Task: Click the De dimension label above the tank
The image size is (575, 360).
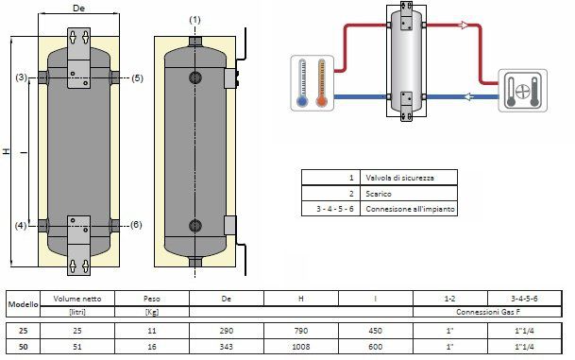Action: tap(79, 9)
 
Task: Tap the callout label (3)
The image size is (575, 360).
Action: tap(22, 77)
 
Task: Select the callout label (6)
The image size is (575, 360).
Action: tap(136, 225)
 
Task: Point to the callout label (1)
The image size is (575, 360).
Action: tap(194, 20)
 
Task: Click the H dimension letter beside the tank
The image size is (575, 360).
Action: tap(7, 151)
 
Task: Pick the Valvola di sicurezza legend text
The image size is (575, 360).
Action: tap(399, 178)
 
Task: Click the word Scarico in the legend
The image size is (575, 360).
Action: tap(379, 194)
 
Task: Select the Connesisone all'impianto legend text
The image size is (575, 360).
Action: tap(410, 209)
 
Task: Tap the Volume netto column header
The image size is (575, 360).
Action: tap(77, 299)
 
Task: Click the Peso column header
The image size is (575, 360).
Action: tap(152, 299)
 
